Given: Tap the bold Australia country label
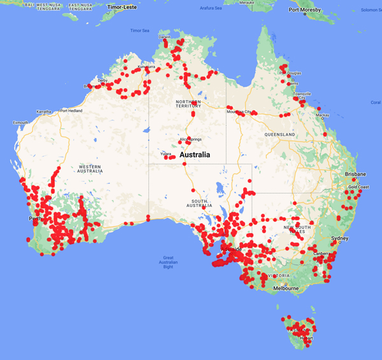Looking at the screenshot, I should coord(202,155).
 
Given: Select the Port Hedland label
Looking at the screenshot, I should coord(73,110).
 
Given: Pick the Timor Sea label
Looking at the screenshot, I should coord(139,30).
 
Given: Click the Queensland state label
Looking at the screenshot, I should coord(281,135).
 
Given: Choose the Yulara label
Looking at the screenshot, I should coord(166,154).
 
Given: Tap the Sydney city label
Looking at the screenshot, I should coord(340,238).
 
